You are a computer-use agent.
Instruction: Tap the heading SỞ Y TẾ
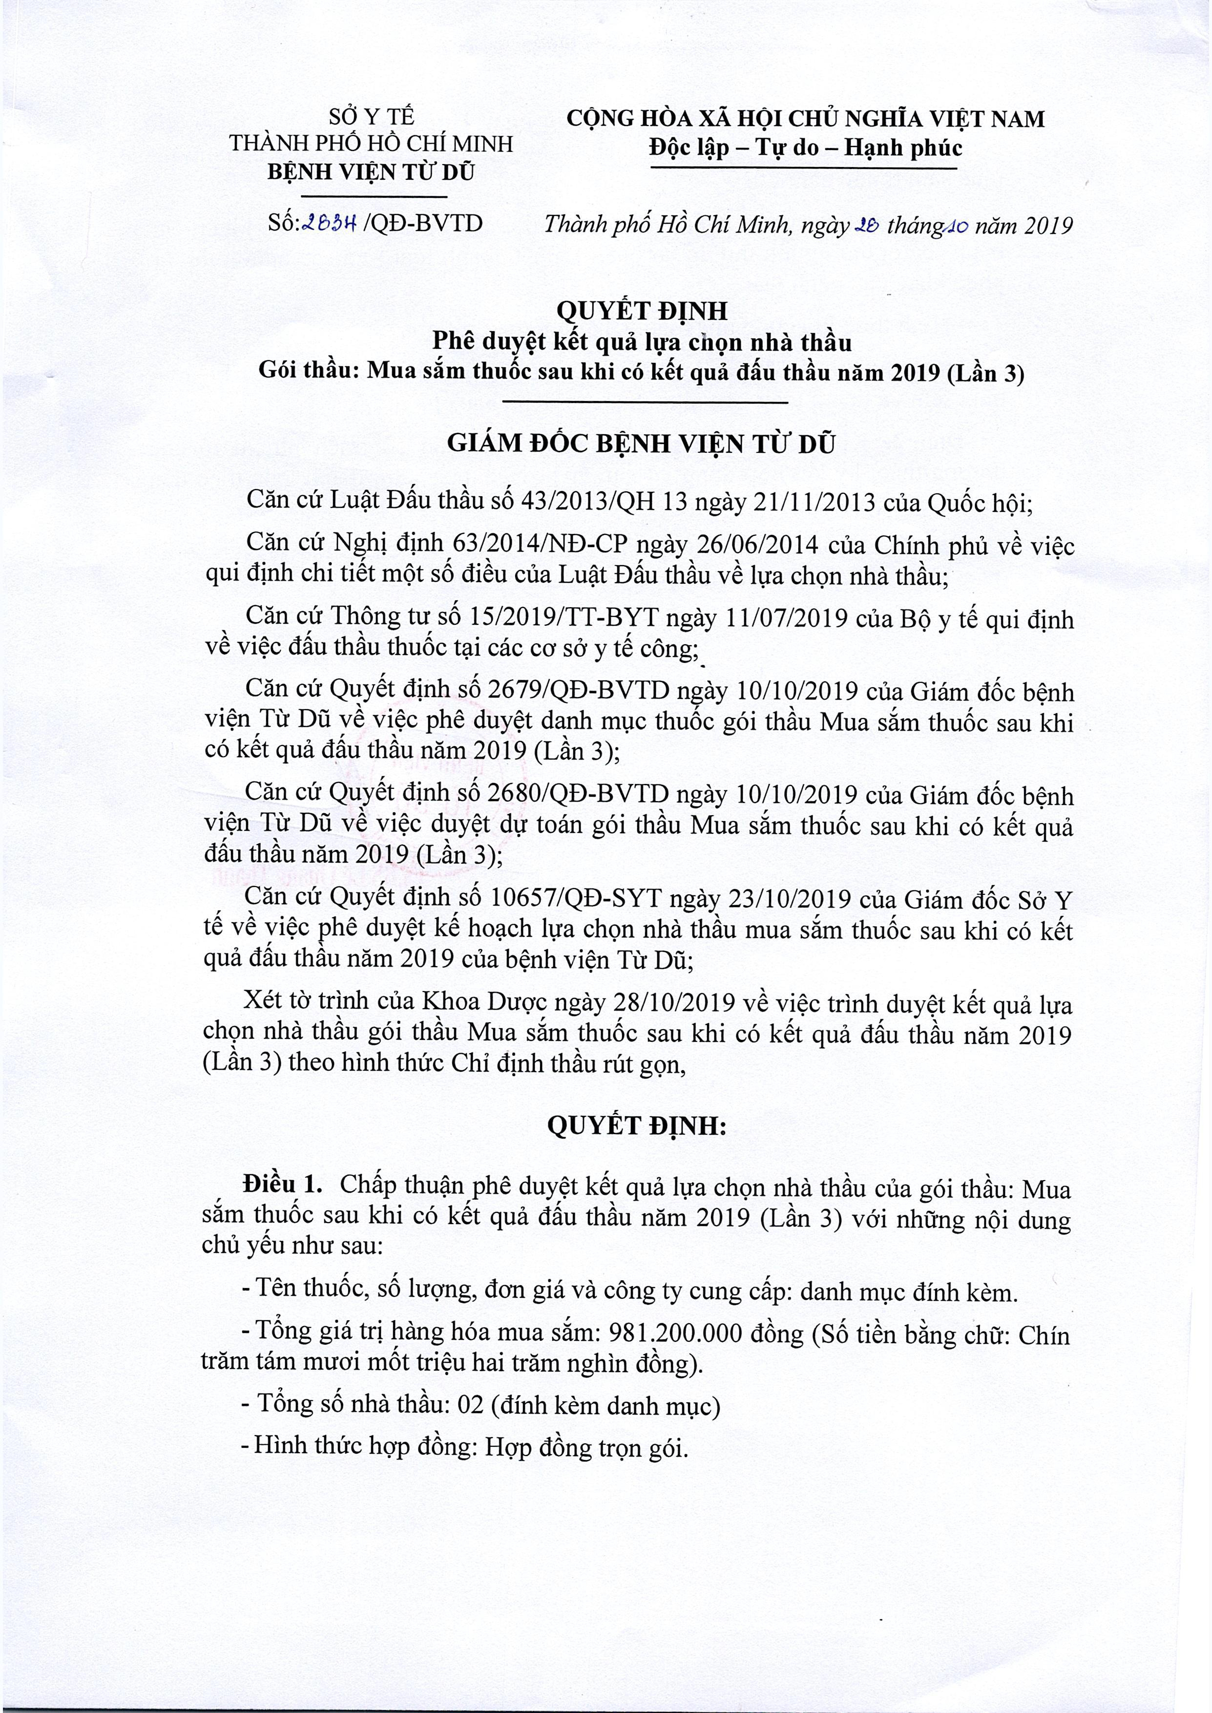click(372, 117)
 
